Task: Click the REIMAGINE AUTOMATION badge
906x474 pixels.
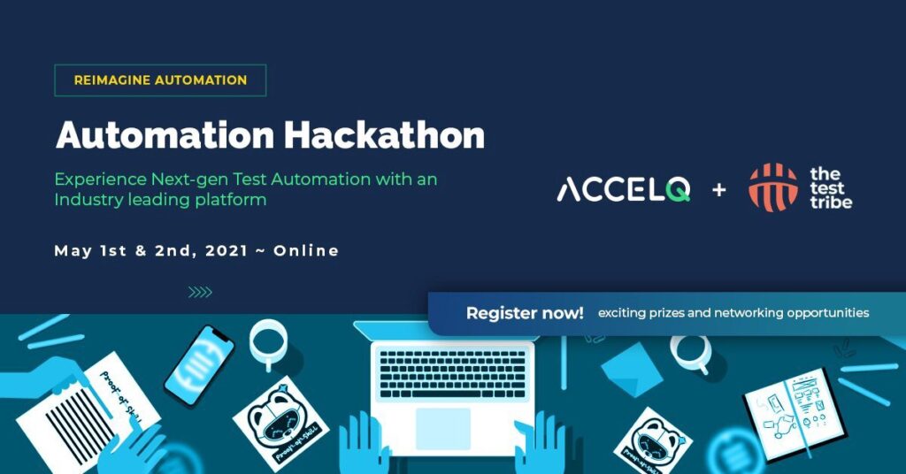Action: click(160, 80)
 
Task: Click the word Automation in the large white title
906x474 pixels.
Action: click(165, 135)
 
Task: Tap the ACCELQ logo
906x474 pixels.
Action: click(623, 188)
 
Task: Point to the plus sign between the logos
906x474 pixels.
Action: click(719, 189)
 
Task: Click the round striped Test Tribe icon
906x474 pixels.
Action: click(772, 187)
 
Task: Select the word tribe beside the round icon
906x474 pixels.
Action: click(831, 203)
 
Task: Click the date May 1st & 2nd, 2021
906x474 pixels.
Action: click(151, 251)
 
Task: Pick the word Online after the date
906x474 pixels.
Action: click(306, 251)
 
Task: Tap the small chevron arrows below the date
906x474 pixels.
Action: click(200, 293)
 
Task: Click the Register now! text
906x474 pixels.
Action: click(525, 313)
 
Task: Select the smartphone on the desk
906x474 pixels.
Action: click(199, 365)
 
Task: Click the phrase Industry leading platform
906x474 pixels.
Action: click(160, 200)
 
